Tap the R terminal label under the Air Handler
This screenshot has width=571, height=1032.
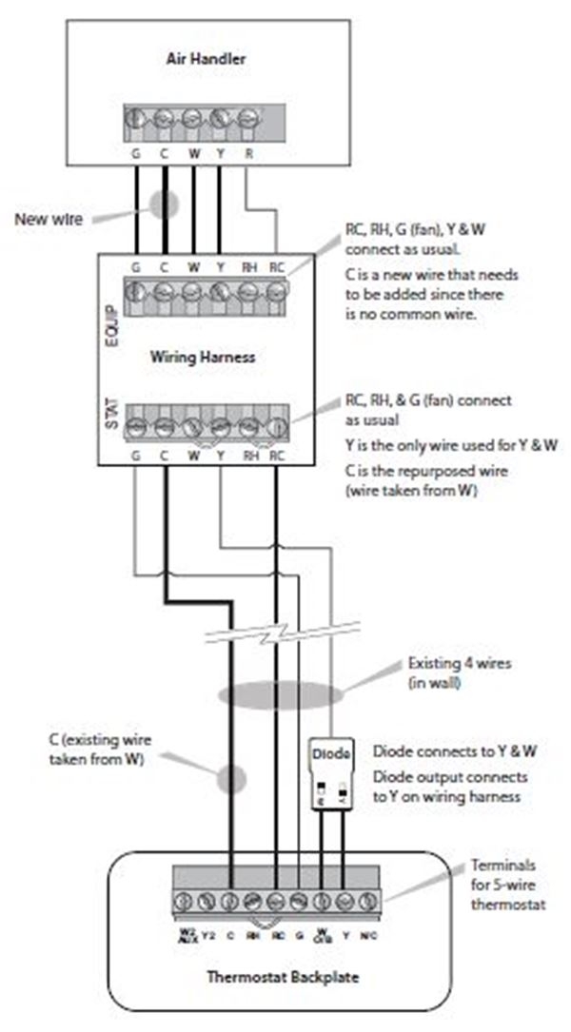248,150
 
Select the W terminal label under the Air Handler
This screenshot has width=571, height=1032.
193,150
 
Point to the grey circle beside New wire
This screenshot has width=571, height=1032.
163,204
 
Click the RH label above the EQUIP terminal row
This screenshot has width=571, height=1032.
250,266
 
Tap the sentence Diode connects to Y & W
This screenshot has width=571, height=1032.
454,750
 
